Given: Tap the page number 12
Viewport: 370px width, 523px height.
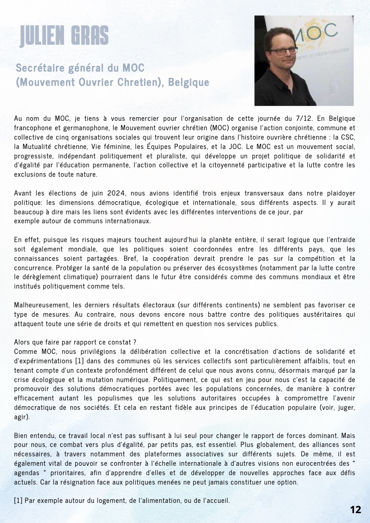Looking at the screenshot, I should [x=356, y=510].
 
